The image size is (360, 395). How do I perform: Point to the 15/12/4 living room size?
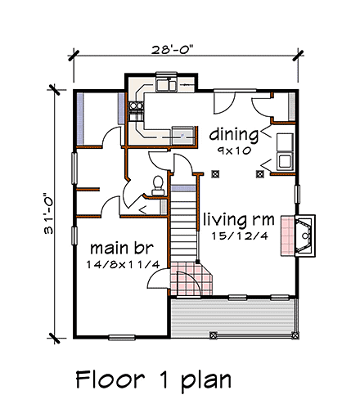tap(239, 238)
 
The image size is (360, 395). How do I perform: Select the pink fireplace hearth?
tap(287, 236)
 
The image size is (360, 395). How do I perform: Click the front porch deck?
tap(233, 316)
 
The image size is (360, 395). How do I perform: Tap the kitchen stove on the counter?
tap(182, 133)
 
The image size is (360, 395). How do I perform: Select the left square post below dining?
tap(215, 173)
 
